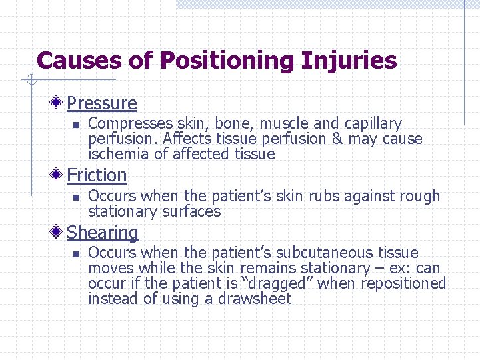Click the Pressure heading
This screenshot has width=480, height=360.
[x=102, y=103]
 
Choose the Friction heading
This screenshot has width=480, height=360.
[x=97, y=175]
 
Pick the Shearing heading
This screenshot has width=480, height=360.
[x=103, y=233]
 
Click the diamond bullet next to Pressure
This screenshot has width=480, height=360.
[x=59, y=103]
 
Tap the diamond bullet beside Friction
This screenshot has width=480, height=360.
[x=59, y=175]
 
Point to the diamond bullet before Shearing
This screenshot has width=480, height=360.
[x=59, y=233]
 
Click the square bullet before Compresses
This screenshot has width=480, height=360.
[x=76, y=125]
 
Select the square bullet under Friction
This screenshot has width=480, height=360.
[x=76, y=197]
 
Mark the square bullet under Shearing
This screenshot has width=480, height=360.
[x=76, y=254]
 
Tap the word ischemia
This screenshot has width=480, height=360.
[x=114, y=155]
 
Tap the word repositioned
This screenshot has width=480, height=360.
[x=403, y=283]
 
